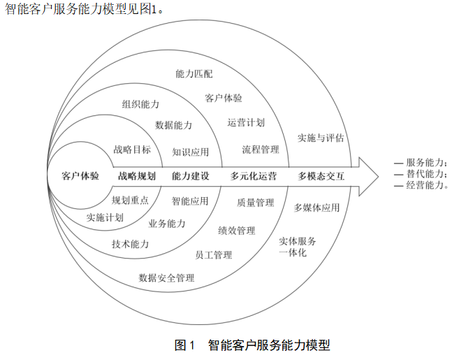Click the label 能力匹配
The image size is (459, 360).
pyautogui.click(x=194, y=73)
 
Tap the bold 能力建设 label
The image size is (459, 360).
pyautogui.click(x=191, y=175)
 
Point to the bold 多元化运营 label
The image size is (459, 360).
pyautogui.click(x=253, y=175)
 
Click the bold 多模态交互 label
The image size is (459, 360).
pyautogui.click(x=321, y=175)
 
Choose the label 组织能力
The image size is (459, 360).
pyautogui.click(x=140, y=104)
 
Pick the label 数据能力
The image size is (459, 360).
pyautogui.click(x=173, y=125)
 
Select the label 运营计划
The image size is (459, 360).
pyautogui.click(x=246, y=122)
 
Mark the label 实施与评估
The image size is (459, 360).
pyautogui.click(x=321, y=138)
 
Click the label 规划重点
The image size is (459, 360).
pyautogui.click(x=130, y=200)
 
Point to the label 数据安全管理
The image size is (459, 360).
pyautogui.click(x=166, y=278)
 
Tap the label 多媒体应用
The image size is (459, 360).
pyautogui.click(x=316, y=208)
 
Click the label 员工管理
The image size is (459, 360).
pyautogui.click(x=213, y=255)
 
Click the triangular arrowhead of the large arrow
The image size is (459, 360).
pyautogui.click(x=367, y=175)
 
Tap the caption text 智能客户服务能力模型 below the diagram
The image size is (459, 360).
pyautogui.click(x=269, y=345)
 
